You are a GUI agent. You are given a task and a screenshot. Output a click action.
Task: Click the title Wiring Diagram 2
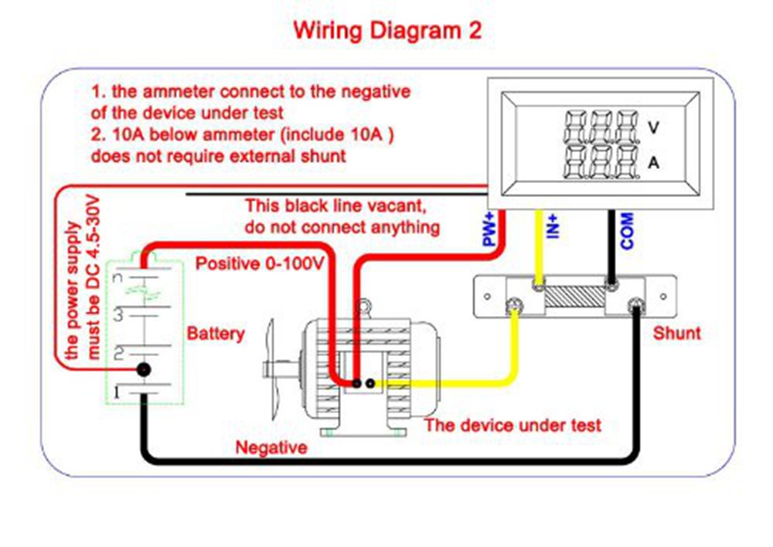coord(387,31)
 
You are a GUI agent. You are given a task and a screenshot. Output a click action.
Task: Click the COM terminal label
coord(627,230)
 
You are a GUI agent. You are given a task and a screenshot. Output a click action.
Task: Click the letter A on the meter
coord(654,163)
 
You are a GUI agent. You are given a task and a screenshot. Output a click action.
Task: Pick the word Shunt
coord(677,334)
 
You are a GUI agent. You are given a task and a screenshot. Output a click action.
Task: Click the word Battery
coord(216,334)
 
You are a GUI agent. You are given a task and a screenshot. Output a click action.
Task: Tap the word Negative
coord(271,447)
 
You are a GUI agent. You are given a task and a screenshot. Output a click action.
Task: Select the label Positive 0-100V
coord(259,264)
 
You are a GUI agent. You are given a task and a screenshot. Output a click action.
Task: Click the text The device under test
coord(512,425)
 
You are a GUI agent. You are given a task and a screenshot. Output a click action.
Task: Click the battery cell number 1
coord(117,393)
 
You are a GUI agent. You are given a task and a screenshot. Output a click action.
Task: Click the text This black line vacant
coord(335,206)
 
